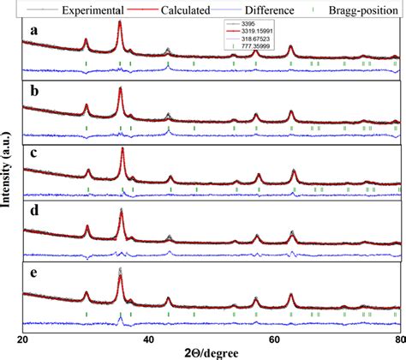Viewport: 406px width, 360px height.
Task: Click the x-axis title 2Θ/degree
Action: (209, 352)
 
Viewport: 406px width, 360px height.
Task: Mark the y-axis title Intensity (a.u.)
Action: (8, 180)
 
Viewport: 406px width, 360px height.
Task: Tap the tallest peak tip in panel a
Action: (119, 22)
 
